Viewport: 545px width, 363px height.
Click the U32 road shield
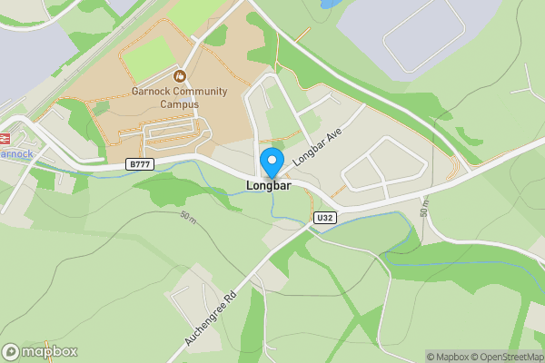click(325, 218)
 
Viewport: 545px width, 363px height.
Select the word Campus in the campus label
click(179, 104)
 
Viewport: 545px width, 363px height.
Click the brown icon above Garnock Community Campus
click(179, 75)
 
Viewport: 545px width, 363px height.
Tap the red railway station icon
click(4, 138)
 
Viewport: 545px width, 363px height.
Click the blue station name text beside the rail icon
click(17, 154)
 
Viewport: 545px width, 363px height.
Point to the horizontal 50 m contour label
click(188, 217)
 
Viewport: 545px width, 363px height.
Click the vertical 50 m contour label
click(424, 208)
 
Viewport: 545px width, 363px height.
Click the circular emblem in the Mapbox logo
click(12, 352)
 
